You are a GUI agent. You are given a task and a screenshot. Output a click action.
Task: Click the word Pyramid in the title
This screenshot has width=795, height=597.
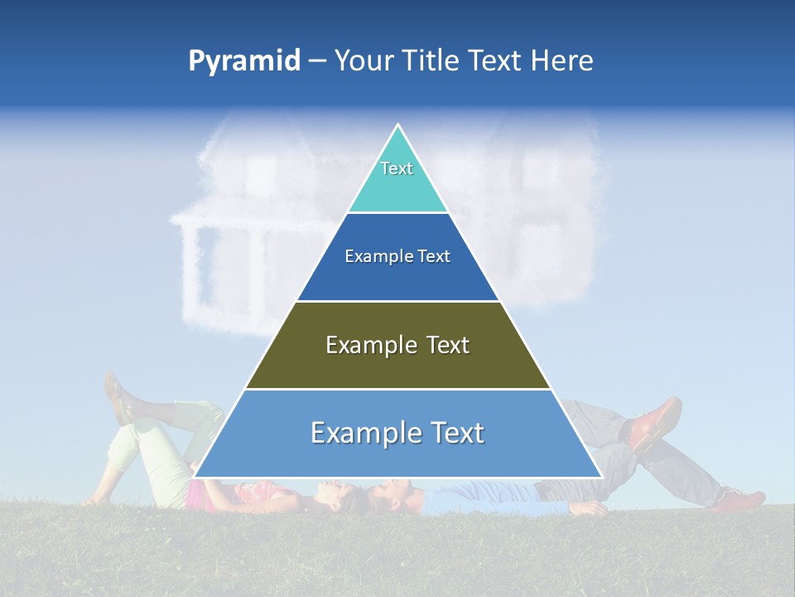tap(244, 61)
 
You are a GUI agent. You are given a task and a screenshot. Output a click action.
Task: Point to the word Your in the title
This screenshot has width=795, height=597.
tap(363, 61)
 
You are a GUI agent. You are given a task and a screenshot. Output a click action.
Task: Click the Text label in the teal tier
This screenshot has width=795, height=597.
tap(397, 168)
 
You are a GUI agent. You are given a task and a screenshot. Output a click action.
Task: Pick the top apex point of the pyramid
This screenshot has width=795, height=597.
tap(398, 124)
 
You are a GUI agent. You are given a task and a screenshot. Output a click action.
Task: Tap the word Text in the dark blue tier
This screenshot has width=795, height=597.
tap(435, 257)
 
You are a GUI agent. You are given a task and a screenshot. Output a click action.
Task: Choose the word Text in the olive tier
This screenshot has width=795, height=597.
tap(448, 345)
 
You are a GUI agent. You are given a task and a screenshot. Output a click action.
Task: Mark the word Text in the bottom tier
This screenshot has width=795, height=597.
tap(456, 433)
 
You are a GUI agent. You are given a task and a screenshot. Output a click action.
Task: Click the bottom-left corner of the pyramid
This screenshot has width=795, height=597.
tap(194, 478)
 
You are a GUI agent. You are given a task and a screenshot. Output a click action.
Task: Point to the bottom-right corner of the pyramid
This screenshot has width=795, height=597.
tap(602, 478)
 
